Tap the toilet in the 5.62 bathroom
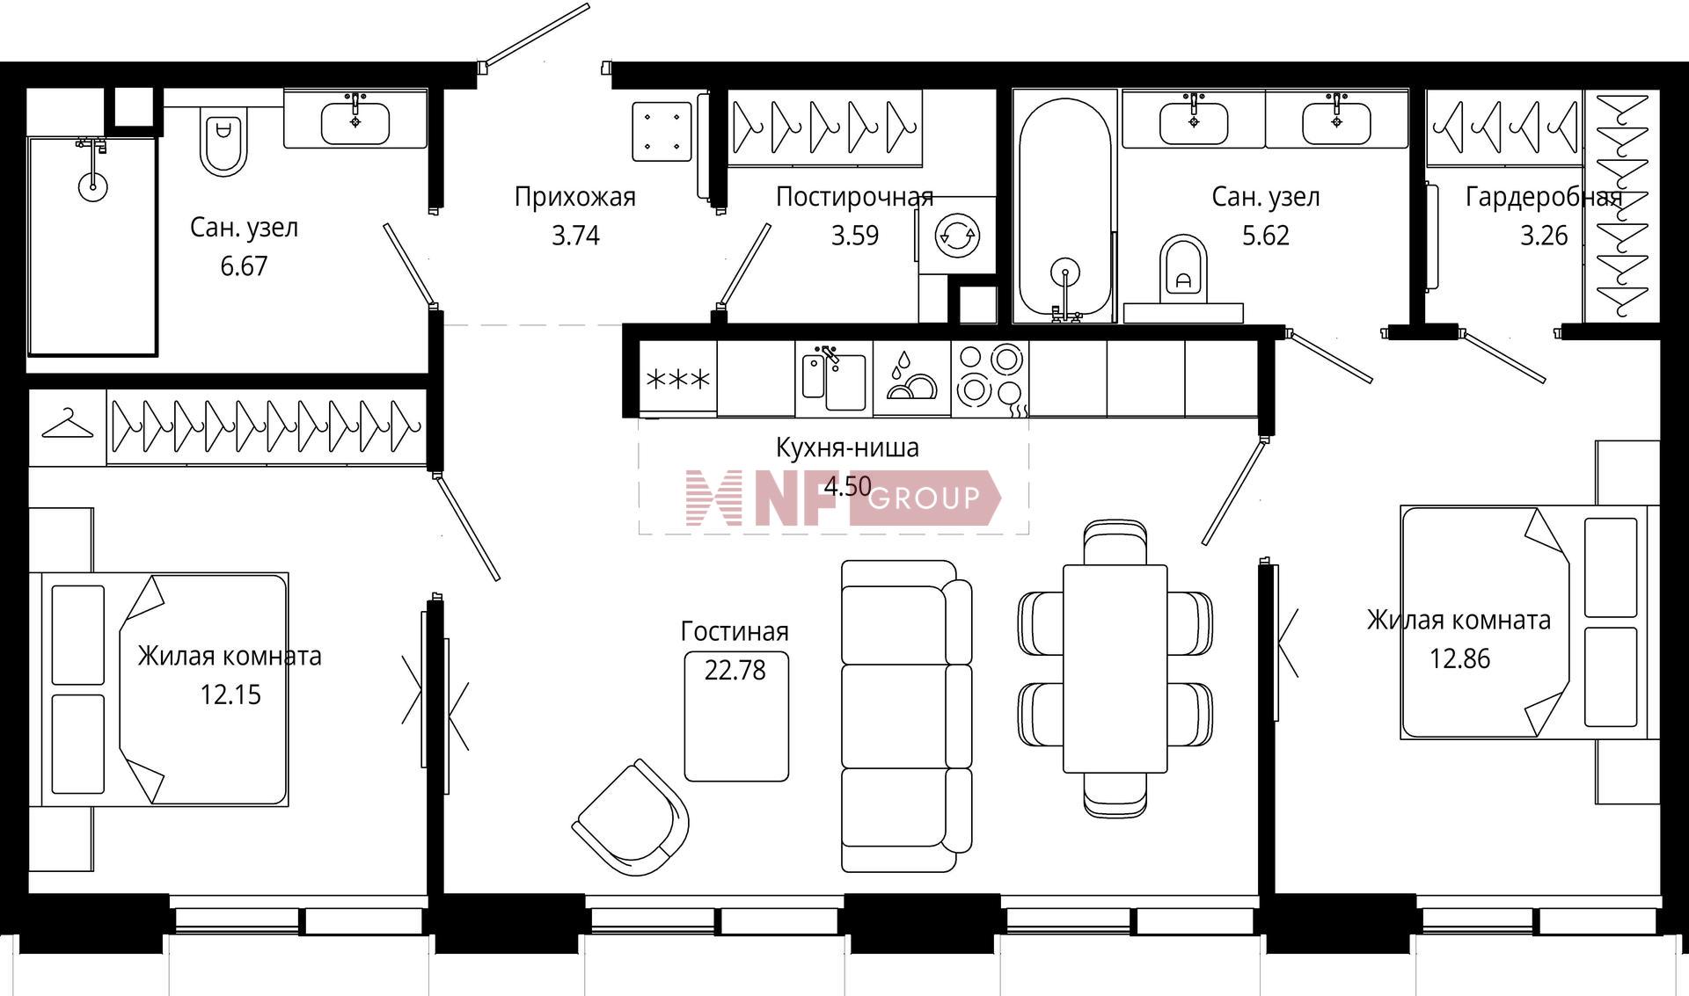coord(1183,267)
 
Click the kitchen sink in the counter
coord(834,379)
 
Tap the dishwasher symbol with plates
coord(911,378)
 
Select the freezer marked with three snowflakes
coord(678,379)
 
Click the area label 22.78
coord(735,671)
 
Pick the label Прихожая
coord(575,197)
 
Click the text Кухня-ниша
coord(847,447)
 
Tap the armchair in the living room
coord(631,818)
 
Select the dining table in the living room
coord(1115,668)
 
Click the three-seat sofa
coord(906,716)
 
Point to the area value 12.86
coord(1460,659)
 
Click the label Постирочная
coord(854,197)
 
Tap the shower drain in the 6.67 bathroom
coord(92,185)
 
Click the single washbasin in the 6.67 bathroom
coord(355,122)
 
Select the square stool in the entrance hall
coord(662,132)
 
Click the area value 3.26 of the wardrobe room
coord(1544,236)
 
